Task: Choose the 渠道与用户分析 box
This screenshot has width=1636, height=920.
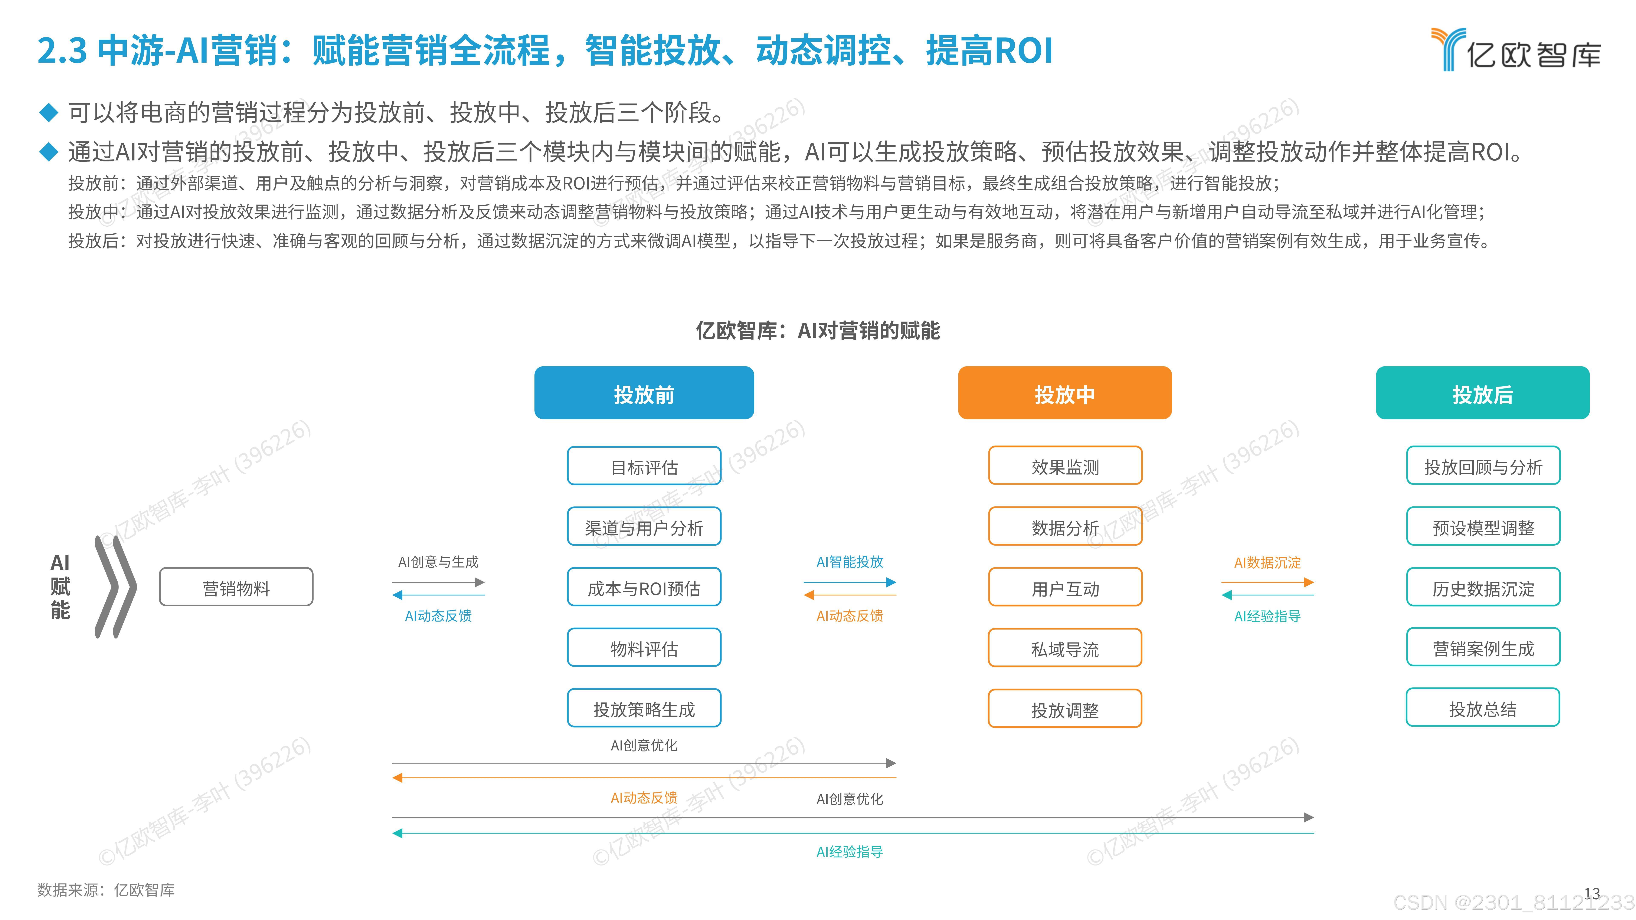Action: point(644,527)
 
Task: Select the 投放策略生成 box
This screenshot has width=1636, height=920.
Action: point(644,709)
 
